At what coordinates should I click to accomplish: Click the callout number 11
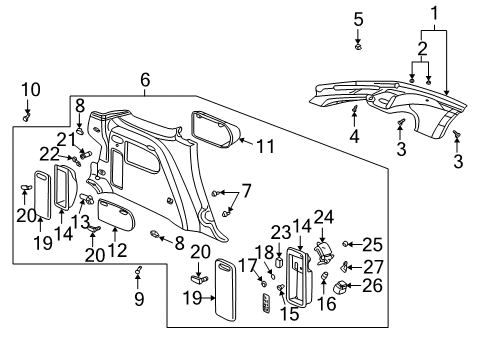click(264, 146)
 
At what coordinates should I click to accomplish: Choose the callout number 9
click(140, 298)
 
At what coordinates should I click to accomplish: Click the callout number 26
click(371, 287)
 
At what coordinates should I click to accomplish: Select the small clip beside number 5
click(358, 46)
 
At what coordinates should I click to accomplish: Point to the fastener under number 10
click(27, 116)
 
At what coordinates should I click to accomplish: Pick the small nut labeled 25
click(345, 244)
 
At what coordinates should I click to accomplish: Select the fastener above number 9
click(140, 270)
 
